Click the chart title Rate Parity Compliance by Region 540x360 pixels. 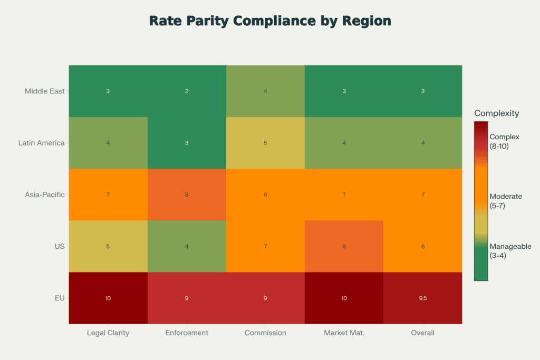270,21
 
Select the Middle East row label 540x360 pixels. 45,91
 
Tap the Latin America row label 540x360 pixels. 41,143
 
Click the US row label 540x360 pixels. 59,246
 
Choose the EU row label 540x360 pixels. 59,298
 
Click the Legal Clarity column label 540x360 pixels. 108,333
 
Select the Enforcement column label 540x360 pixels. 187,333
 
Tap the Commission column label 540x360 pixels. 265,333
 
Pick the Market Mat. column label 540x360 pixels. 344,333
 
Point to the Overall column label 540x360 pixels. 422,333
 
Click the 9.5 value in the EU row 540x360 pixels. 422,298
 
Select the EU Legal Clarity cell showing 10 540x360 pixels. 108,298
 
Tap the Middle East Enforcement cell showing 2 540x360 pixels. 187,91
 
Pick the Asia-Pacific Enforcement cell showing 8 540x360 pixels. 187,194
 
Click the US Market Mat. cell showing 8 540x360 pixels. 344,246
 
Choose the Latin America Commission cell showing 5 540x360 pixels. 265,143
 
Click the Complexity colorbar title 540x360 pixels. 496,113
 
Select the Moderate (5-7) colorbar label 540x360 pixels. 505,201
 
